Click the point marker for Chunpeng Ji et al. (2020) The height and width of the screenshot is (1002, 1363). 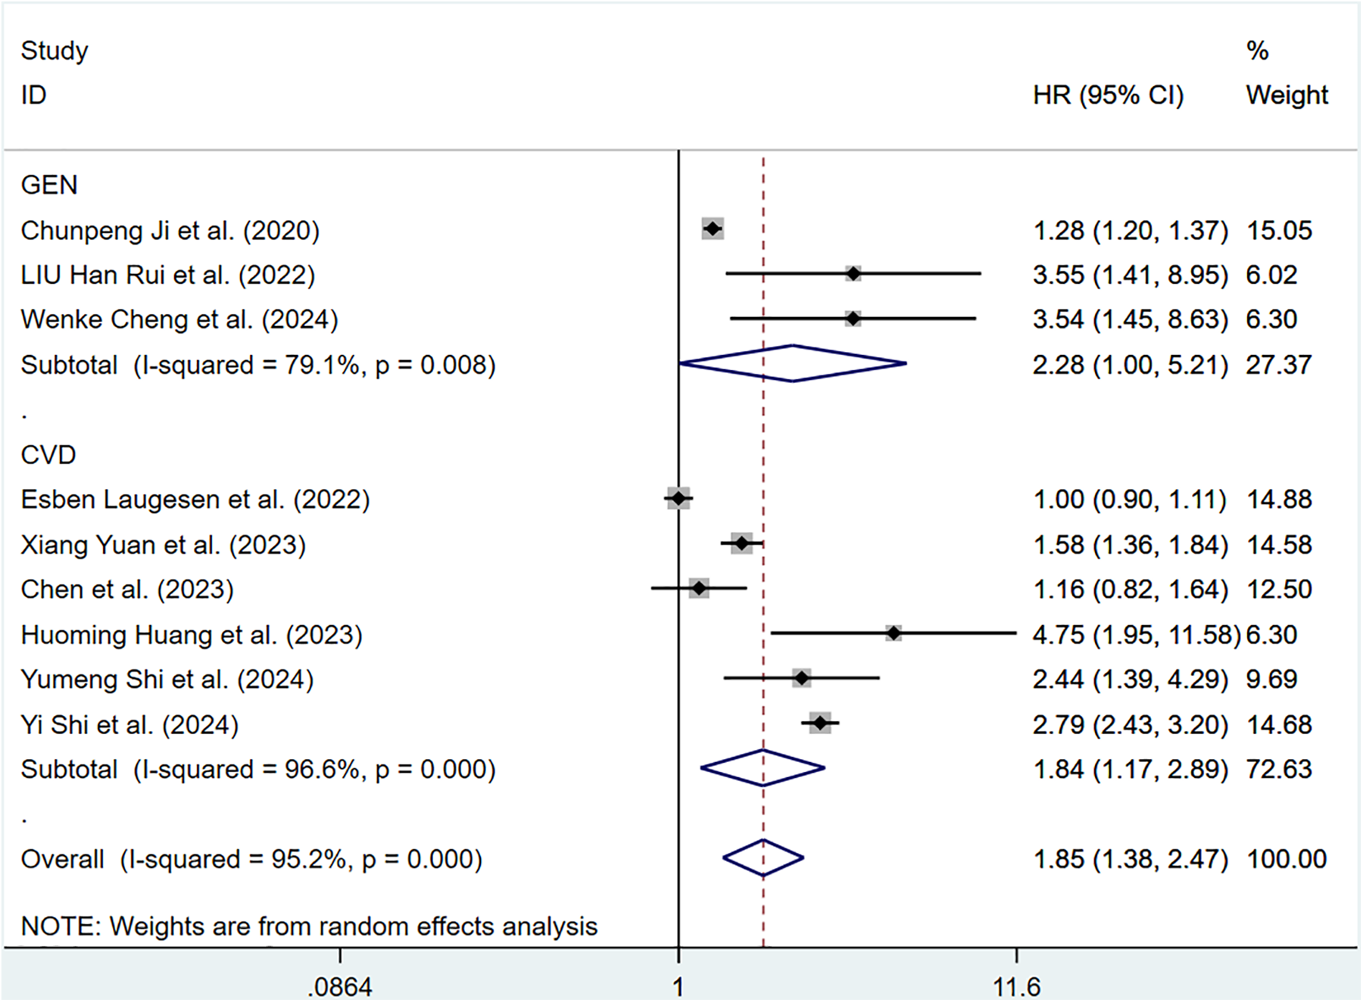point(713,229)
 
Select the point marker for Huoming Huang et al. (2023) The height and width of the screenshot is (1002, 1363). point(894,633)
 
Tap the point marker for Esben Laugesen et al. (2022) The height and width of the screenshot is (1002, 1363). point(678,498)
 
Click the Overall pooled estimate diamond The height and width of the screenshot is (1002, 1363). point(763,858)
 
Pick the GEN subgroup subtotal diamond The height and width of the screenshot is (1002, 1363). point(793,364)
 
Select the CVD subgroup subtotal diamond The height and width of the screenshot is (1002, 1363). point(763,768)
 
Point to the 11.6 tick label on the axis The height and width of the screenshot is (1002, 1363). point(1016,986)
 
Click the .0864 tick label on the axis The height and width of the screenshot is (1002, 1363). point(340,986)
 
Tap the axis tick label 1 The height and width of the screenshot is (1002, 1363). point(678,986)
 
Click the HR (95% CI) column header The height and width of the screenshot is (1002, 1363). point(1108,95)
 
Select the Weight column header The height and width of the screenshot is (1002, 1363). point(1287,95)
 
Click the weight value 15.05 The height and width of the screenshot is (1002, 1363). point(1279,230)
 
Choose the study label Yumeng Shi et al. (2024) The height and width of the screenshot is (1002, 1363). point(167,680)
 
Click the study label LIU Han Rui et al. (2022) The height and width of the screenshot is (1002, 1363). point(167,275)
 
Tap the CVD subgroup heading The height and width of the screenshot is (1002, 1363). point(48,455)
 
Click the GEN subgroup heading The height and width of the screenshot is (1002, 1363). point(48,185)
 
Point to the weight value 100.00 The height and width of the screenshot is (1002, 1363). point(1287,859)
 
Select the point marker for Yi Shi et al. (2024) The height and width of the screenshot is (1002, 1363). point(820,723)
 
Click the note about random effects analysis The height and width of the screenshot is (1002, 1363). point(309,926)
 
